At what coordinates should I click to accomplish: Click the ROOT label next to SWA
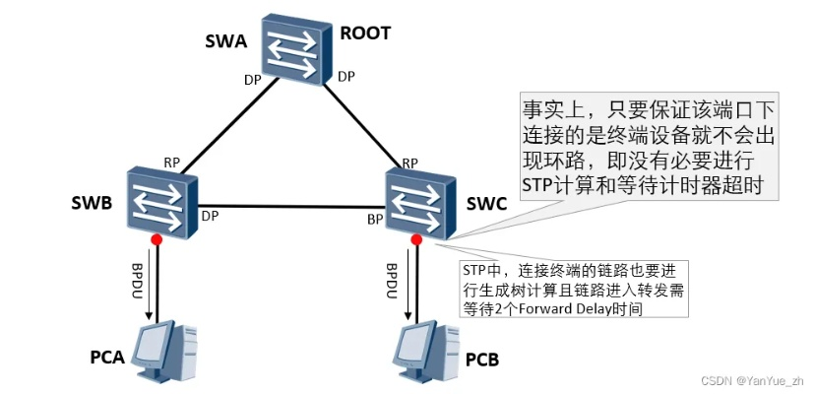pyautogui.click(x=365, y=33)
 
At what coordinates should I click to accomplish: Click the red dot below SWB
pyautogui.click(x=156, y=238)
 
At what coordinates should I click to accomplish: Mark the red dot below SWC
pyautogui.click(x=417, y=239)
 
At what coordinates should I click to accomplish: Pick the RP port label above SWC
pyautogui.click(x=410, y=163)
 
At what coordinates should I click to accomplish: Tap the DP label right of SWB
pyautogui.click(x=209, y=214)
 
